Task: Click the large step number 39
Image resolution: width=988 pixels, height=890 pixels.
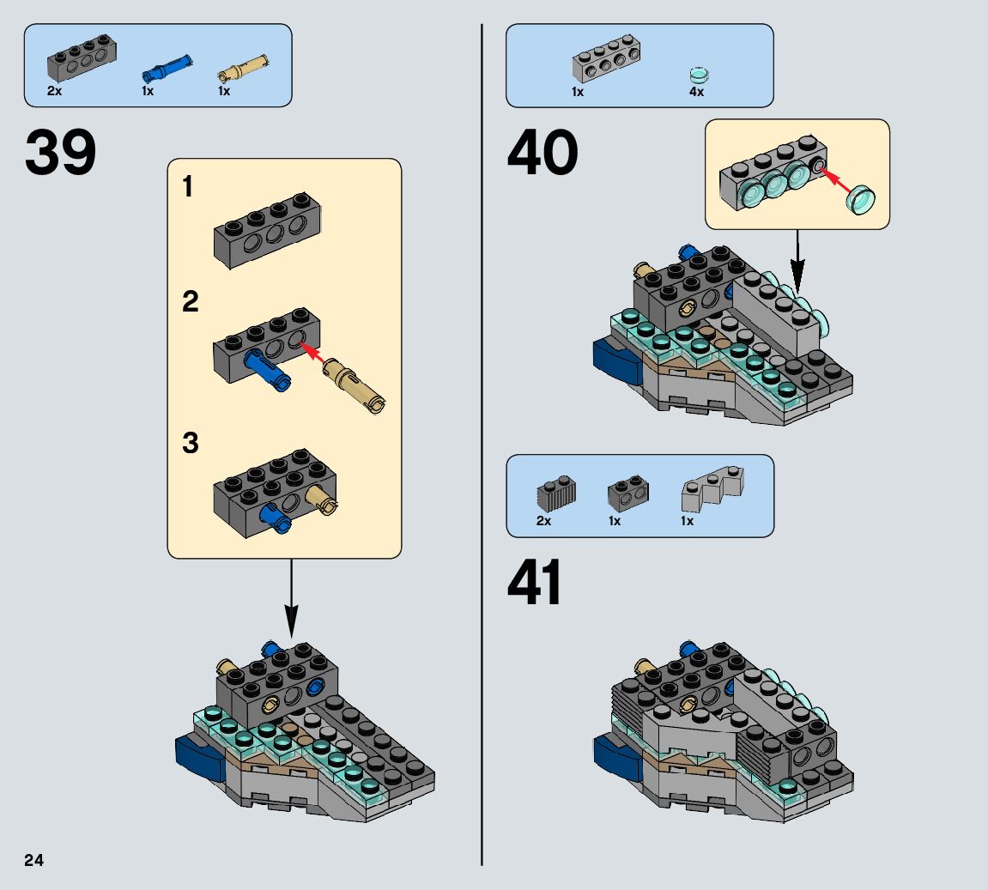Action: pyautogui.click(x=61, y=154)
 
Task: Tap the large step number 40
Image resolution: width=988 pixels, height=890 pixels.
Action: pyautogui.click(x=542, y=154)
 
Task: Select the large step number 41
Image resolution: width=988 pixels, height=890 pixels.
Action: pyautogui.click(x=535, y=584)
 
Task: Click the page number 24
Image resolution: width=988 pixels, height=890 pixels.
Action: pyautogui.click(x=33, y=860)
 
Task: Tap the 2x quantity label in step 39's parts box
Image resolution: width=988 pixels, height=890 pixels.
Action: pyautogui.click(x=54, y=91)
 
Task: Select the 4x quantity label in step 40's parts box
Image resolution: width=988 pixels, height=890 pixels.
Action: pyautogui.click(x=696, y=91)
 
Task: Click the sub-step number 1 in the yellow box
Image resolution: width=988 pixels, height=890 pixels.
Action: pyautogui.click(x=188, y=188)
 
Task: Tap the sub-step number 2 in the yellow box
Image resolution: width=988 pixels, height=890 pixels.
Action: pyautogui.click(x=190, y=301)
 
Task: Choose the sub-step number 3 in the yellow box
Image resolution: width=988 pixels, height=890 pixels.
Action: pyautogui.click(x=190, y=444)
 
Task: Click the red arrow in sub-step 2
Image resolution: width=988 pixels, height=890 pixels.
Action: pyautogui.click(x=314, y=354)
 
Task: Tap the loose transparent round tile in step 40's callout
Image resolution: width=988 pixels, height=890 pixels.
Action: pyautogui.click(x=864, y=201)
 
